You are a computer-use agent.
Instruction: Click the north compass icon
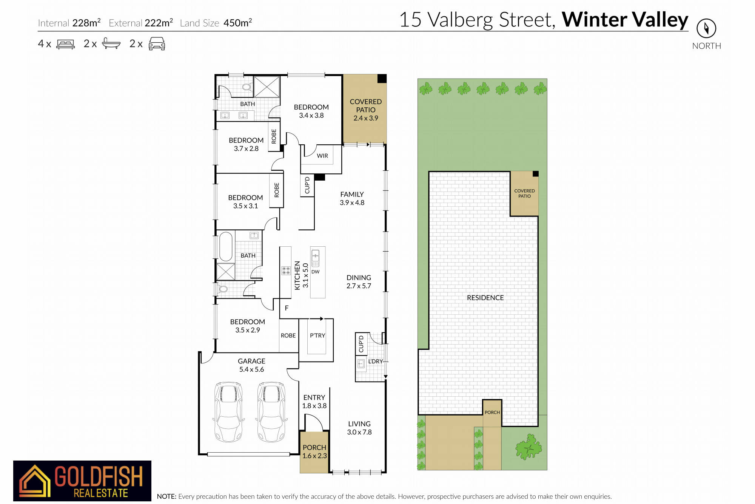pyautogui.click(x=706, y=28)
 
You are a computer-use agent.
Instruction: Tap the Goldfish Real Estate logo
pyautogui.click(x=82, y=481)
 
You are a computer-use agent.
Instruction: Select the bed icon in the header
pyautogui.click(x=66, y=44)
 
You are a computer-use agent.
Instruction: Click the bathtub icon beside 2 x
pyautogui.click(x=111, y=43)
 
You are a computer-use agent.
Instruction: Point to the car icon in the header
pyautogui.click(x=157, y=44)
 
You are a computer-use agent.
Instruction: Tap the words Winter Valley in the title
pyautogui.click(x=625, y=20)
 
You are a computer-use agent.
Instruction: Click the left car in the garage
pyautogui.click(x=228, y=412)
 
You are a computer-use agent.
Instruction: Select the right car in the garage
pyautogui.click(x=271, y=412)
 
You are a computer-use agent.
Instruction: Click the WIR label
pyautogui.click(x=322, y=156)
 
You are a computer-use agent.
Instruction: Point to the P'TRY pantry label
pyautogui.click(x=317, y=335)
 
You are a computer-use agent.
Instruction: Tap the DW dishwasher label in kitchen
pyautogui.click(x=316, y=272)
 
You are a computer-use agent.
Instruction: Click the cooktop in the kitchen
pyautogui.click(x=286, y=271)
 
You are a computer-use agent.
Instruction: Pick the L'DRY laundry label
pyautogui.click(x=376, y=361)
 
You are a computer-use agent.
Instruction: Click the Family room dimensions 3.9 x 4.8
pyautogui.click(x=352, y=203)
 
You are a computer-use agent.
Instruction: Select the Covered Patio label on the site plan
pyautogui.click(x=524, y=193)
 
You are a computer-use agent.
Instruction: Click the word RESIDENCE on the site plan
pyautogui.click(x=485, y=298)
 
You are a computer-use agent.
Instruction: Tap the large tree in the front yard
pyautogui.click(x=529, y=447)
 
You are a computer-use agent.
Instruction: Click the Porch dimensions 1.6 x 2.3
pyautogui.click(x=314, y=456)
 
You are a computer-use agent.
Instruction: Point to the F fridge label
pyautogui.click(x=287, y=308)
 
